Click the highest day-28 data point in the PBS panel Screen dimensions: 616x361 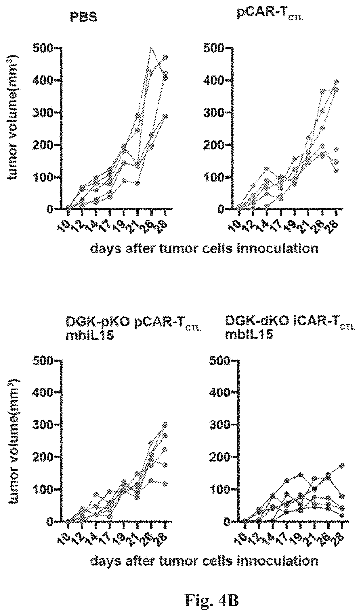[165, 57]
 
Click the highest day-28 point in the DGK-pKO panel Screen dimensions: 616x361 [165, 424]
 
